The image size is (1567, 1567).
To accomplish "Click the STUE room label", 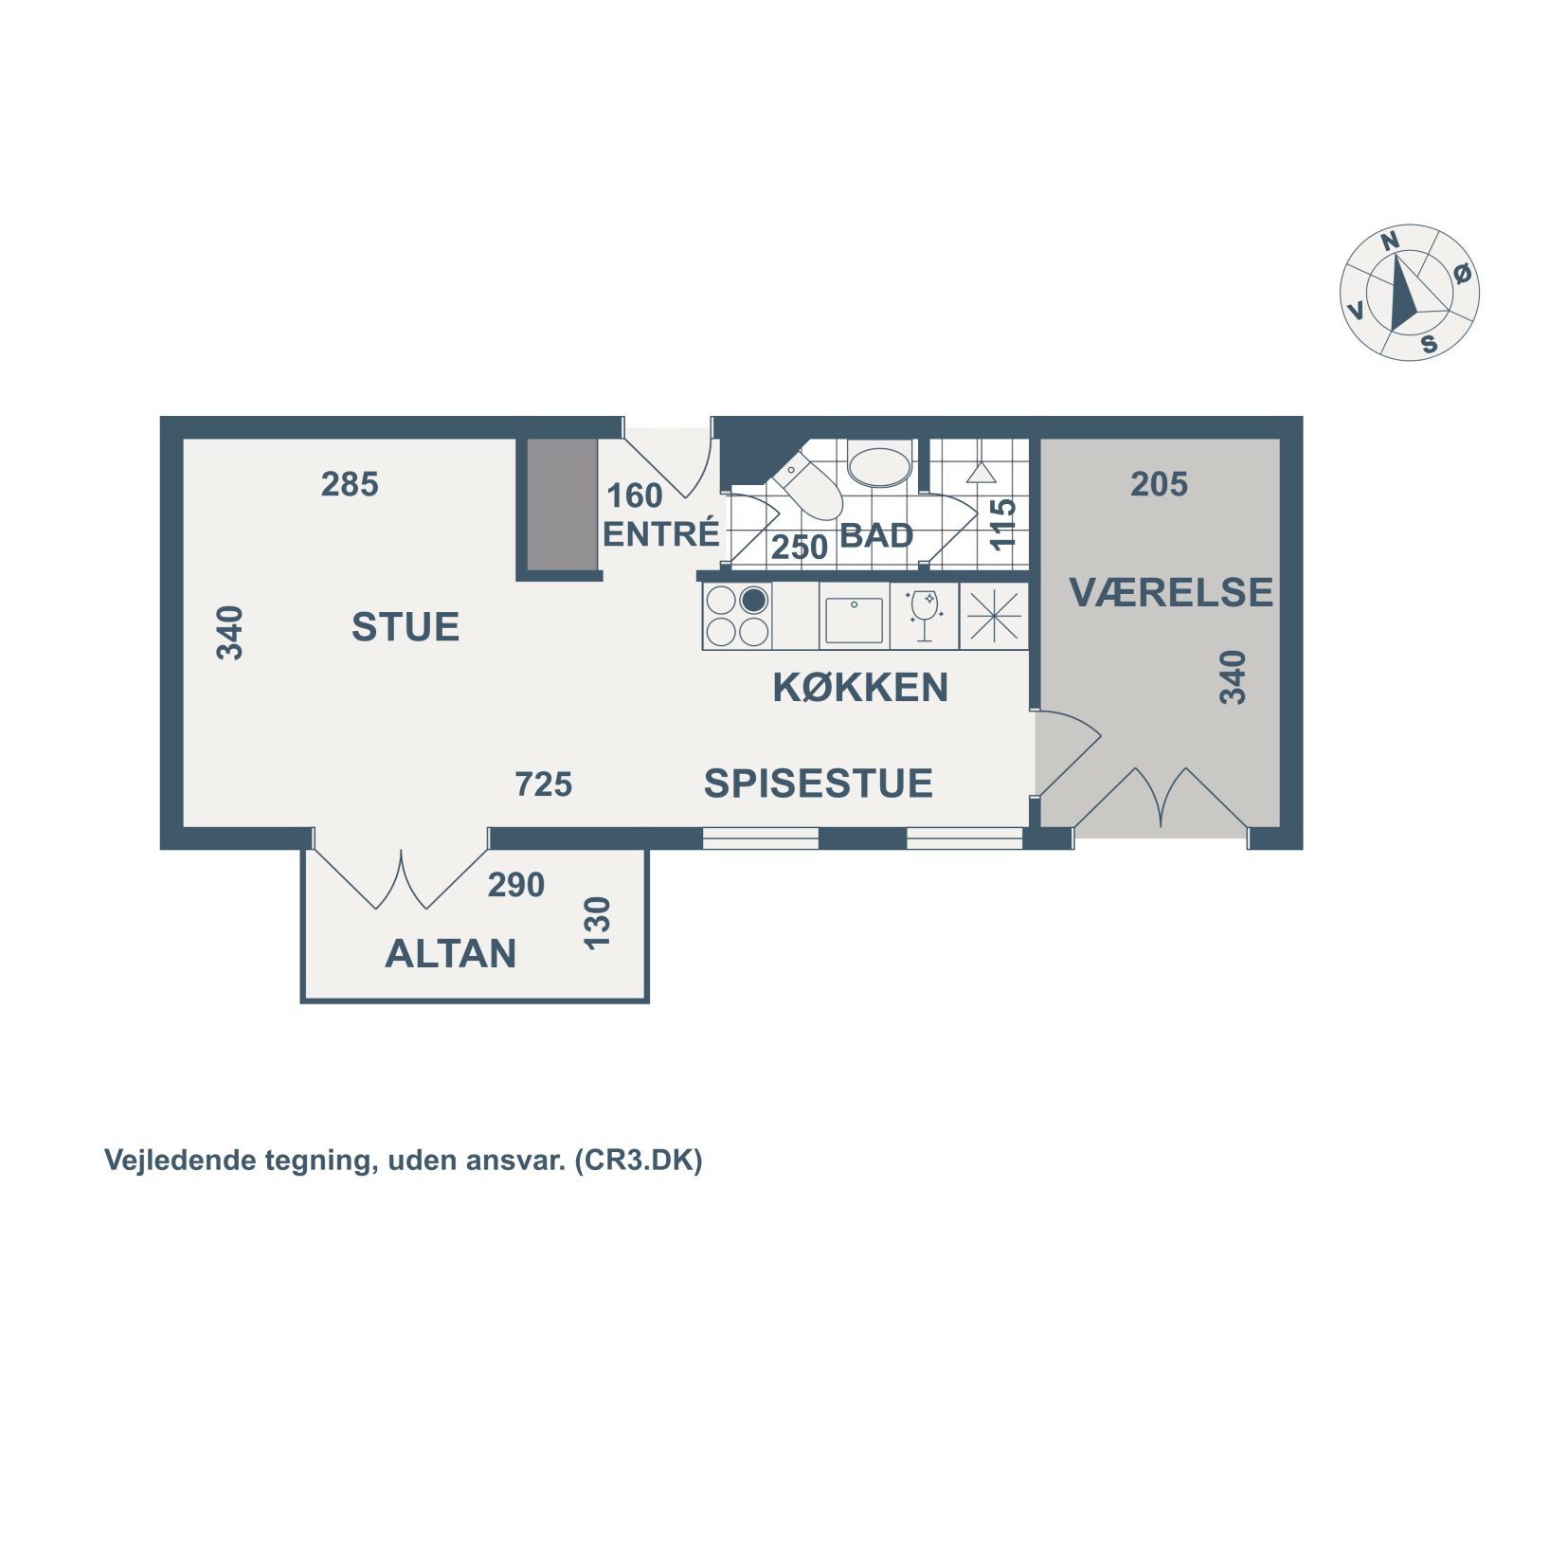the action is click(405, 626).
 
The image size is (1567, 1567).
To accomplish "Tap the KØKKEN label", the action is click(860, 687).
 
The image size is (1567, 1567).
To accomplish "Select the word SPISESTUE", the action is click(819, 783).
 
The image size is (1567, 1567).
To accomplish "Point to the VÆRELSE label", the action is click(1171, 592).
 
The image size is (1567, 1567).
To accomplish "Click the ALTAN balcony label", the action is click(451, 953).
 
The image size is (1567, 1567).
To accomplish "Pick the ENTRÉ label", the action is click(661, 533).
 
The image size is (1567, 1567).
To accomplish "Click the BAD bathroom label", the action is click(876, 536).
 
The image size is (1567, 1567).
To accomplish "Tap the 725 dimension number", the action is click(544, 784).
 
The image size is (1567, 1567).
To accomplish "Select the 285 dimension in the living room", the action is click(350, 484).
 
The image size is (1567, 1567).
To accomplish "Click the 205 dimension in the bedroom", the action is click(1159, 484).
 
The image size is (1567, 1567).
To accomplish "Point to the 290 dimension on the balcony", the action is click(516, 885).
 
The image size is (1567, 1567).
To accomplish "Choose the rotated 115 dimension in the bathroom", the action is click(1002, 524).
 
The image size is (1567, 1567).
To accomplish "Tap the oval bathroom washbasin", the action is click(879, 466).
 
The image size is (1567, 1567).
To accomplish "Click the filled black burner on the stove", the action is click(753, 600).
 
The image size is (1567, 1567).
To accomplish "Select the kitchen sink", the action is click(855, 619).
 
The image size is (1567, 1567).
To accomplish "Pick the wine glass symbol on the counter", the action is click(924, 616).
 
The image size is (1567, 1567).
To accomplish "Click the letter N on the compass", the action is click(1390, 242).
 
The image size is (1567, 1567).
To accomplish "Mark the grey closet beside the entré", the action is click(562, 505).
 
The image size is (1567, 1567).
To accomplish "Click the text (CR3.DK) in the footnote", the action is click(639, 1161).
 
